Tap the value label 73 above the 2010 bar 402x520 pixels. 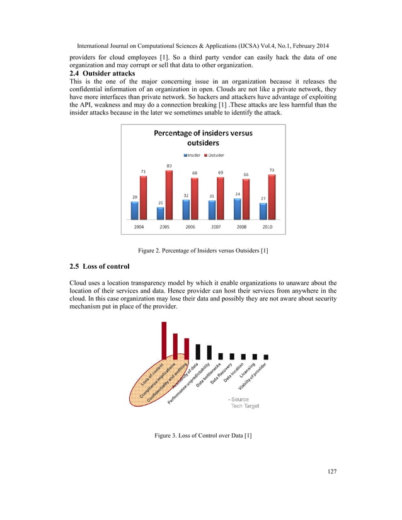tap(272, 170)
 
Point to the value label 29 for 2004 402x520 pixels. tap(135, 197)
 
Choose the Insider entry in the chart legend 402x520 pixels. tap(193, 155)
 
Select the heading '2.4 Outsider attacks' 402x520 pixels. tap(102, 74)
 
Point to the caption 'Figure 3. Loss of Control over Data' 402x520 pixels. tap(200, 436)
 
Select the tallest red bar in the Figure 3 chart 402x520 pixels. tap(164, 340)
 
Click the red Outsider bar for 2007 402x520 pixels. tap(220, 196)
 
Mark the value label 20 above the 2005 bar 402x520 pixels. tap(160, 203)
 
